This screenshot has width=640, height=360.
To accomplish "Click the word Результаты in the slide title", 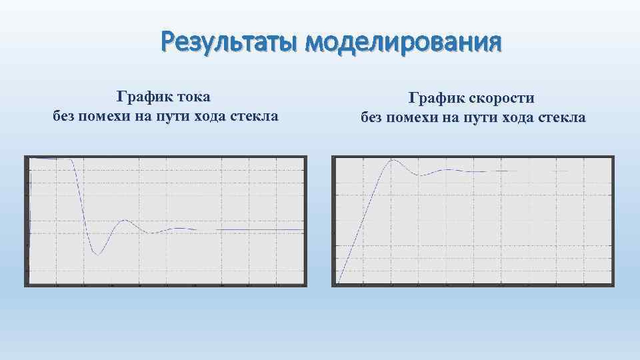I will click(229, 44).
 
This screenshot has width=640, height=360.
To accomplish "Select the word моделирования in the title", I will click(402, 44).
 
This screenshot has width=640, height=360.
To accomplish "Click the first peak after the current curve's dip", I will click(125, 221).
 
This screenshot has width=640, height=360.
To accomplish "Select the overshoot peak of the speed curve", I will click(393, 160).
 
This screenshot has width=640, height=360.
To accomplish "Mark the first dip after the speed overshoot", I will click(420, 175).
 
